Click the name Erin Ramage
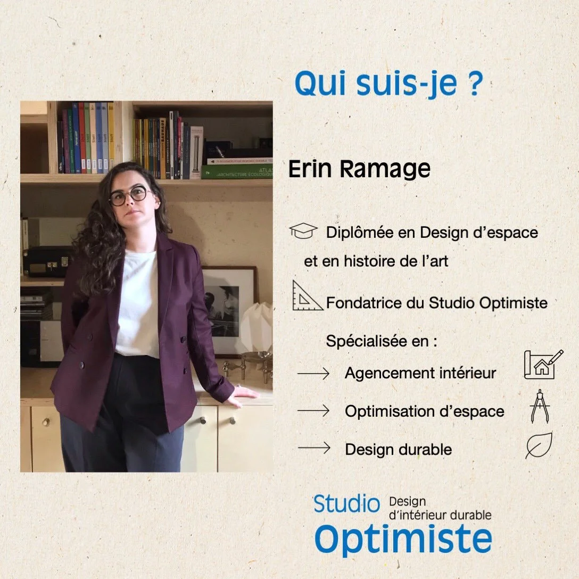pyautogui.click(x=359, y=169)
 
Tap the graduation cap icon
pyautogui.click(x=303, y=231)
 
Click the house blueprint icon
pyautogui.click(x=543, y=365)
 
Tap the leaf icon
pyautogui.click(x=539, y=446)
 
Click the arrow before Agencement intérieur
pyautogui.click(x=314, y=374)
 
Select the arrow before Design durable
pyautogui.click(x=314, y=449)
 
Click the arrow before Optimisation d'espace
pyautogui.click(x=314, y=411)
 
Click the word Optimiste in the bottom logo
pyautogui.click(x=403, y=539)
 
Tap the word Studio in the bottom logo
pyautogui.click(x=346, y=504)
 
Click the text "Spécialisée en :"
pyautogui.click(x=381, y=341)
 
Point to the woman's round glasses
pyautogui.click(x=129, y=196)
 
